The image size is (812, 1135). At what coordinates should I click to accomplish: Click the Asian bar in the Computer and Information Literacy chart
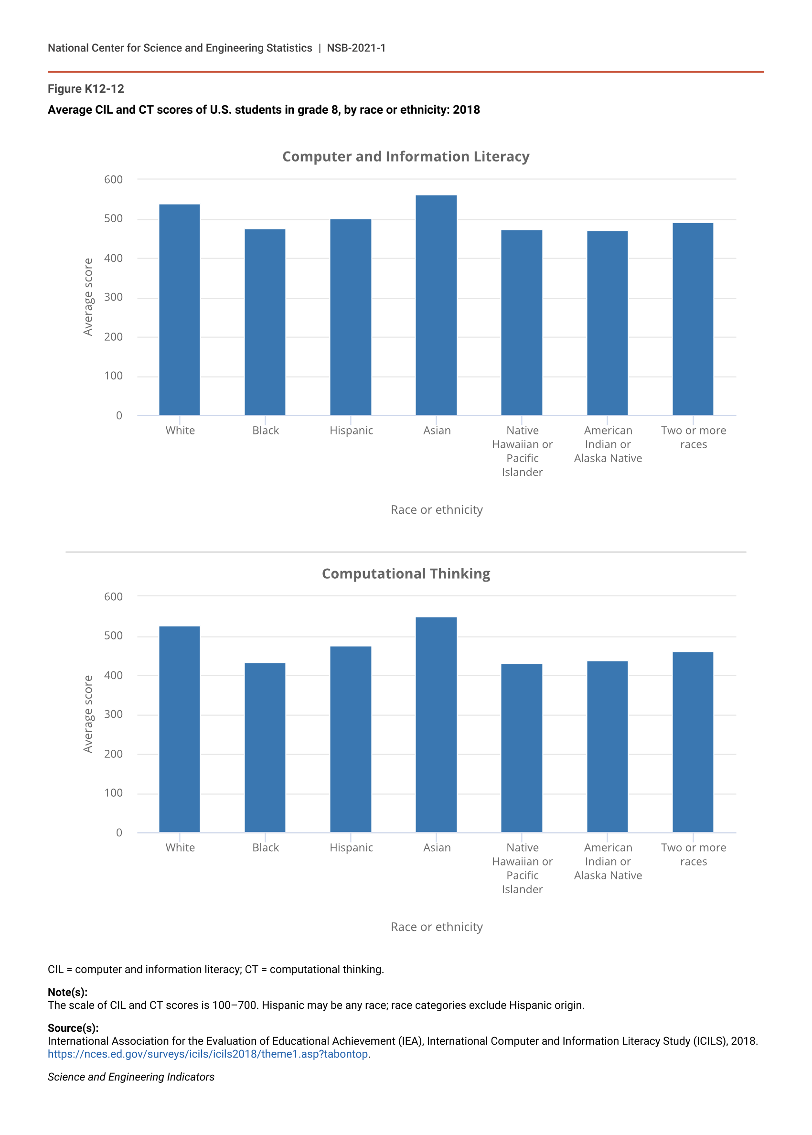[436, 305]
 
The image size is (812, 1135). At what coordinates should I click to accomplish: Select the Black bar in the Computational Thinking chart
[265, 747]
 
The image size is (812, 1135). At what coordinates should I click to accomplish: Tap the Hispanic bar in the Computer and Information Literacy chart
[351, 317]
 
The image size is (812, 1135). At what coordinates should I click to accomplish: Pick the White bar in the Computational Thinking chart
[180, 729]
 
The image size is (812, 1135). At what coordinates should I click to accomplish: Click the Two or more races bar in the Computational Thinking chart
[693, 742]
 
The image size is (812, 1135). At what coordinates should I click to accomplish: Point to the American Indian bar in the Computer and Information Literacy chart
[607, 323]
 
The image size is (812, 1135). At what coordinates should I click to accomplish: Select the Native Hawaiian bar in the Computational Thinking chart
[522, 748]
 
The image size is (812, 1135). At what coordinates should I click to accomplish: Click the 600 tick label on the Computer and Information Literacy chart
[114, 180]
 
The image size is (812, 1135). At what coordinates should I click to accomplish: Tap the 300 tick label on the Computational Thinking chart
[114, 714]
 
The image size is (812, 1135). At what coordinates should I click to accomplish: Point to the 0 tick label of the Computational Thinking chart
[119, 832]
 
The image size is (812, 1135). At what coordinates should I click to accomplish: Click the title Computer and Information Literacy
[406, 157]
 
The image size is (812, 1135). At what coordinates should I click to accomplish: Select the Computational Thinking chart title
[406, 574]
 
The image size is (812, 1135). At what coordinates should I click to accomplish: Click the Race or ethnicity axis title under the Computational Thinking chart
[437, 927]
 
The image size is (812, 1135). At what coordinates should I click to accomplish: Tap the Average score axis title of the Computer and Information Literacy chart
[88, 297]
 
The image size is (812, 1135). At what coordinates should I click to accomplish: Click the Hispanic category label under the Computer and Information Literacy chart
[351, 431]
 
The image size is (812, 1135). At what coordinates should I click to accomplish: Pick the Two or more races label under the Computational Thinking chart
[693, 854]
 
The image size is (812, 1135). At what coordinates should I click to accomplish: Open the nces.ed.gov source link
[208, 1054]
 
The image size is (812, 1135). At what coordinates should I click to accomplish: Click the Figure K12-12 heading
[86, 89]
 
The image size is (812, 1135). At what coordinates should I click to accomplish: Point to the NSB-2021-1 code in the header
[356, 48]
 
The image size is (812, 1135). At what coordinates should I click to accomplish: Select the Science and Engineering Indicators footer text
[131, 1077]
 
